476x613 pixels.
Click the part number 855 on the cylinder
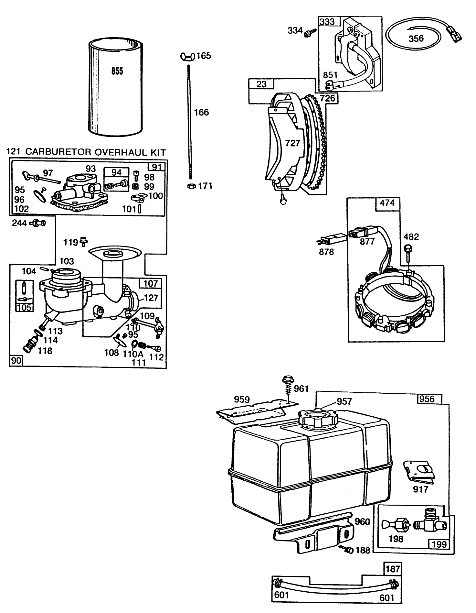(x=117, y=71)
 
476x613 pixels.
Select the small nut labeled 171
(x=191, y=186)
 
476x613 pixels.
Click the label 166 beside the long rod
(x=201, y=113)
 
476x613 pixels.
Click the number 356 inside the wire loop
(x=416, y=38)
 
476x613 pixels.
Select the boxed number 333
(x=327, y=22)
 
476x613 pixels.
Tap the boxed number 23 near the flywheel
(x=261, y=84)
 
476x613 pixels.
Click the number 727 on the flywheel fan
(x=292, y=143)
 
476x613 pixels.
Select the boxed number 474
(x=387, y=203)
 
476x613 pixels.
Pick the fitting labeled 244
(x=38, y=223)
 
